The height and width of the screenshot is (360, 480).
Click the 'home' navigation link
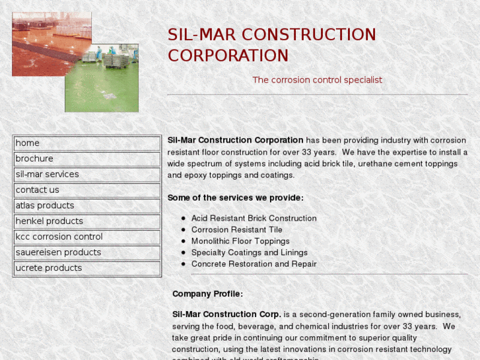click(28, 143)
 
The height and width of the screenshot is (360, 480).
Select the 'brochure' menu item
click(34, 159)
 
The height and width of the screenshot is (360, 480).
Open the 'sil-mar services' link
click(47, 174)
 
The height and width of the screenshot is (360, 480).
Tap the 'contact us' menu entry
click(37, 190)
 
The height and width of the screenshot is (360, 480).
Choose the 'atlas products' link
click(45, 205)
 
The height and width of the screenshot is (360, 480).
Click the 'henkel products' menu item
click(49, 221)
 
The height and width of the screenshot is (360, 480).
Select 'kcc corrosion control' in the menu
click(59, 236)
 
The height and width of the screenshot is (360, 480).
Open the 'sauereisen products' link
click(58, 252)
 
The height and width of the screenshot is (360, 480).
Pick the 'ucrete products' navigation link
click(49, 268)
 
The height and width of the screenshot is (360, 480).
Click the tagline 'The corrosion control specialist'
click(317, 80)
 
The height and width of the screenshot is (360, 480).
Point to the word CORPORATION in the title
click(228, 55)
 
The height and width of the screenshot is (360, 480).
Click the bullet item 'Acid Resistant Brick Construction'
click(254, 218)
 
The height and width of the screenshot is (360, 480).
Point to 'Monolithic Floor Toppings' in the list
click(240, 241)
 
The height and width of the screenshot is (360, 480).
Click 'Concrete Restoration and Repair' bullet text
click(254, 264)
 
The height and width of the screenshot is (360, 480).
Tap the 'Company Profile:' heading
click(207, 294)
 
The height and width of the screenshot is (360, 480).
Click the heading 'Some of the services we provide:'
click(235, 198)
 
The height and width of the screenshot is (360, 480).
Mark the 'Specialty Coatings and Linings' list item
click(249, 252)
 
